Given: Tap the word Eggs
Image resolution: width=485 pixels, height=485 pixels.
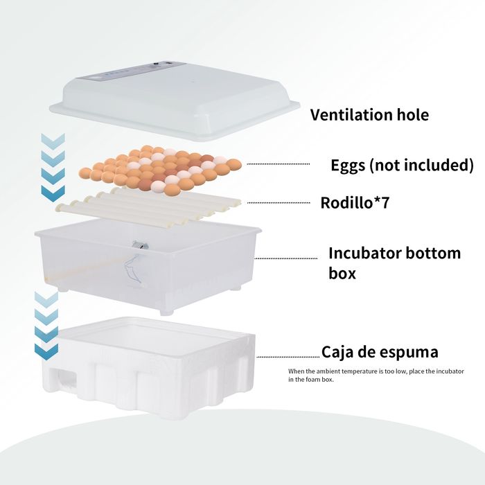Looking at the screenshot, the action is (348, 166).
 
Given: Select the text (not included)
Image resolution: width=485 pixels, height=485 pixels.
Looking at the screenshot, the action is (421, 165).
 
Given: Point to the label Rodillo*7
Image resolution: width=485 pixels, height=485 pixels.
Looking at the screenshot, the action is (355, 203).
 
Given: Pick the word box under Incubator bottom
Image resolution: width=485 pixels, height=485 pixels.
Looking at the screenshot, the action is (342, 273).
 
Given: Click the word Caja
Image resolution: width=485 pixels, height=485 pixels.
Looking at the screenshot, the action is (337, 352).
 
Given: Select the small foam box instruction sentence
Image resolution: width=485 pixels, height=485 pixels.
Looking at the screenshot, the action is (376, 376).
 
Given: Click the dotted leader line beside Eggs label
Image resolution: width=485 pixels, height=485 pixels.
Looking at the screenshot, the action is (278, 164).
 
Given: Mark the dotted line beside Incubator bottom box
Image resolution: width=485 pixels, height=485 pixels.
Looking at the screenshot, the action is (285, 258).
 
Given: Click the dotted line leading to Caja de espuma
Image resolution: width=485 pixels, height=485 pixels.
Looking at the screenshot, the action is (288, 357).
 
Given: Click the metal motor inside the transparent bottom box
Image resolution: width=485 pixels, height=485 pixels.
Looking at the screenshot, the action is (140, 245).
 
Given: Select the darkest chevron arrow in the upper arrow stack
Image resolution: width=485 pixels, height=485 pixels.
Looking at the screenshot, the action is (53, 193).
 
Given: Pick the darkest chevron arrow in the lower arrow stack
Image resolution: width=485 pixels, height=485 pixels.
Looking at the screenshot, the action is (46, 352).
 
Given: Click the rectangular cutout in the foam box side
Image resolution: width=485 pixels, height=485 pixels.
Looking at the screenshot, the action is (63, 378).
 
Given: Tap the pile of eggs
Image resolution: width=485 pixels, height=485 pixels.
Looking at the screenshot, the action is (160, 170).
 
